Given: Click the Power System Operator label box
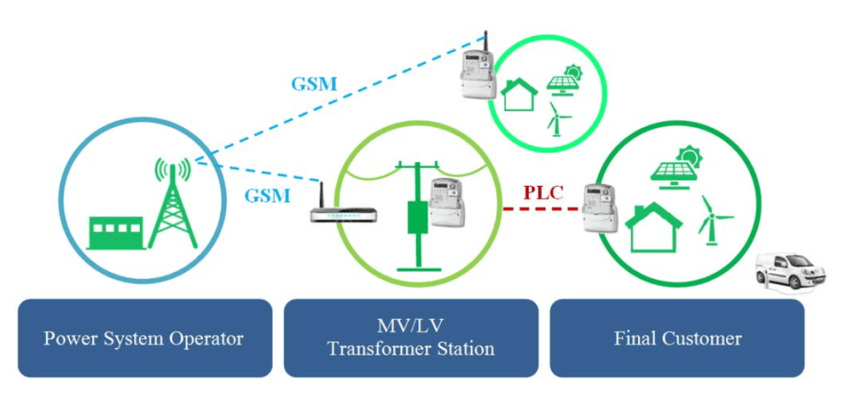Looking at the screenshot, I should (144, 338).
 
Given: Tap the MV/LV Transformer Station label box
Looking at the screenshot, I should (410, 338).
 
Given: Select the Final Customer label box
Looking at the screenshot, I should (677, 338).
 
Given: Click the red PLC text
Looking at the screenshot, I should (544, 194).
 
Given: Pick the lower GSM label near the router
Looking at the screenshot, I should (267, 196).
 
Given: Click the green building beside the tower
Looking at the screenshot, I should (117, 233).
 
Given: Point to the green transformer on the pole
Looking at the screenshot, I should (419, 217).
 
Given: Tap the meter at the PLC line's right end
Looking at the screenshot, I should (599, 207).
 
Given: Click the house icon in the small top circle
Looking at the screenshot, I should (520, 93).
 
